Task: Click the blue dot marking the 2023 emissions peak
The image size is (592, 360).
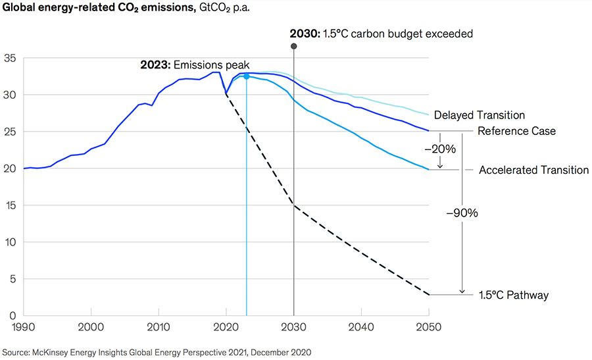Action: tap(246, 76)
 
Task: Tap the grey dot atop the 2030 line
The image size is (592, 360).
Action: tap(293, 46)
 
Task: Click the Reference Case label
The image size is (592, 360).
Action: tap(516, 131)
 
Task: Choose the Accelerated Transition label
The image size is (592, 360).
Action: tap(533, 170)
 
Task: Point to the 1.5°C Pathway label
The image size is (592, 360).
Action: tap(514, 296)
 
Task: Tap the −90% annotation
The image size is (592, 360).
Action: tap(462, 213)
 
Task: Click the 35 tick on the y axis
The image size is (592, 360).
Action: tap(11, 58)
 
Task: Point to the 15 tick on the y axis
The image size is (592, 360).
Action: tap(11, 205)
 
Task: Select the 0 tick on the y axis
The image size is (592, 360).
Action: tap(14, 315)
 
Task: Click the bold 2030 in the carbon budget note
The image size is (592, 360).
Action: tap(305, 33)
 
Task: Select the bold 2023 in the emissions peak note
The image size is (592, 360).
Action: tap(155, 65)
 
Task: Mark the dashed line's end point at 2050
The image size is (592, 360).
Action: tap(429, 294)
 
